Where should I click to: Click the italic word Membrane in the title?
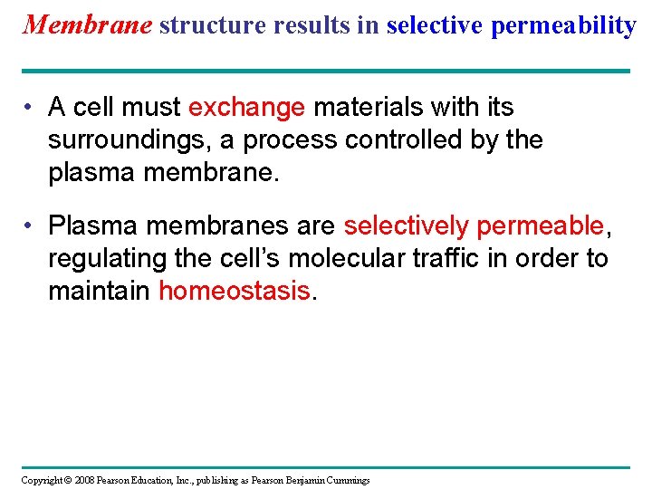click(87, 24)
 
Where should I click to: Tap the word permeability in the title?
click(563, 25)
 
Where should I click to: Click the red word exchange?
click(246, 108)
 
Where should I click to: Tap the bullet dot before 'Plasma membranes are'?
click(31, 225)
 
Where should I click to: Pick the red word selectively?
click(407, 225)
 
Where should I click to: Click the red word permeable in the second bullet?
click(540, 225)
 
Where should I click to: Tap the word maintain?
click(100, 291)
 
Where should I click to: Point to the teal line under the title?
click(325, 71)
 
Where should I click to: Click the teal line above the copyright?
click(325, 467)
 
